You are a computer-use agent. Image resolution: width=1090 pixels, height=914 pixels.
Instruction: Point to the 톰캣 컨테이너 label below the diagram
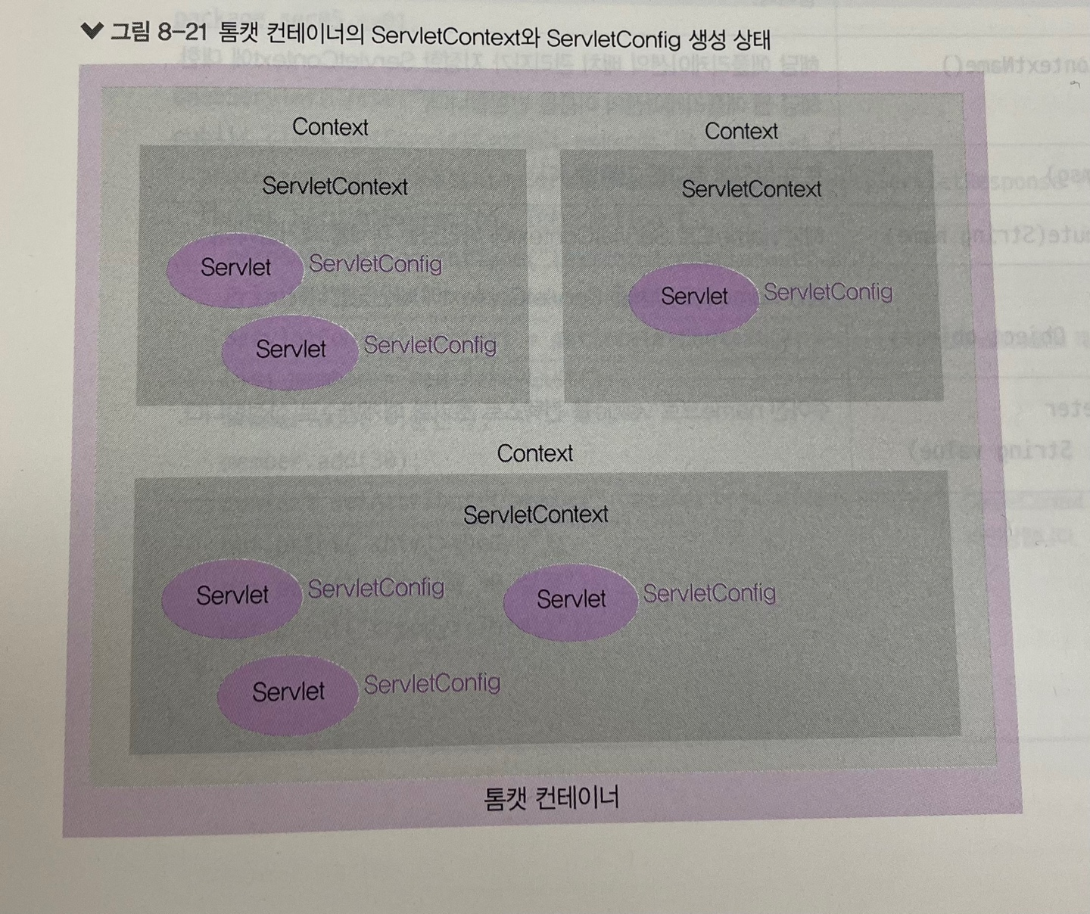(x=551, y=797)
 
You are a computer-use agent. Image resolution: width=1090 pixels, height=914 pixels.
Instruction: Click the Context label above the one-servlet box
(x=741, y=131)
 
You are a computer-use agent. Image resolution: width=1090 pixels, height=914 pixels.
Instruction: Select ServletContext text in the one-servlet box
(x=751, y=189)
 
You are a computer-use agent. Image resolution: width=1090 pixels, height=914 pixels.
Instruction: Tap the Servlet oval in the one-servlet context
(x=693, y=297)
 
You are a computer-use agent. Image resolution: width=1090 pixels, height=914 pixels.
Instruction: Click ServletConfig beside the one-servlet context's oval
(x=827, y=292)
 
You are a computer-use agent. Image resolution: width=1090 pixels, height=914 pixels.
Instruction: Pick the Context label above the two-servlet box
(x=330, y=126)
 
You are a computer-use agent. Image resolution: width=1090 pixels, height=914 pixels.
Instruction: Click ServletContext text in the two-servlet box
(x=335, y=186)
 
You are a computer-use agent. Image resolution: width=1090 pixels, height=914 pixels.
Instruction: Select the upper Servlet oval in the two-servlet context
(x=235, y=267)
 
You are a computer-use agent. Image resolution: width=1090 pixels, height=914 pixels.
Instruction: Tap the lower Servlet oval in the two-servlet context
(x=290, y=350)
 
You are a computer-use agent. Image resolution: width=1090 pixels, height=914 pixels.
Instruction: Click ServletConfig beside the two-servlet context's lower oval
(x=430, y=346)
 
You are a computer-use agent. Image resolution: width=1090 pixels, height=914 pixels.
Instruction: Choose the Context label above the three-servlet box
(x=534, y=453)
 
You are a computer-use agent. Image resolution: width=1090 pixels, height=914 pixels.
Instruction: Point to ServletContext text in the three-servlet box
(x=535, y=515)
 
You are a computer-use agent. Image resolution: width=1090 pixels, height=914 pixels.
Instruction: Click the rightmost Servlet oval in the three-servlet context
(x=571, y=599)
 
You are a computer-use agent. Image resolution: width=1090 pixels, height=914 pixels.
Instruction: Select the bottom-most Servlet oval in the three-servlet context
(x=288, y=692)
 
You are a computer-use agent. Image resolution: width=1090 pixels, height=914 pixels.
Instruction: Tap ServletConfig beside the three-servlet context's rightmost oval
(x=709, y=593)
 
